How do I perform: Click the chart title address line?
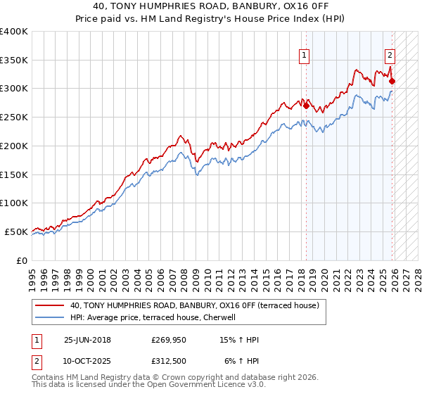tap(211, 7)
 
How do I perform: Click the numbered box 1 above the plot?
tap(305, 55)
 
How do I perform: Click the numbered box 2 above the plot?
tap(390, 55)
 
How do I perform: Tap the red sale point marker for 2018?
tap(306, 106)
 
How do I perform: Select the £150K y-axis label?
tap(14, 174)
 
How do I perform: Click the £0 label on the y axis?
tap(21, 260)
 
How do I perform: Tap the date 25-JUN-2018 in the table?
tap(87, 340)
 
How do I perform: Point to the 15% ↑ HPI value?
tap(239, 340)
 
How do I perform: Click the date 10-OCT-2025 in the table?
tap(87, 361)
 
